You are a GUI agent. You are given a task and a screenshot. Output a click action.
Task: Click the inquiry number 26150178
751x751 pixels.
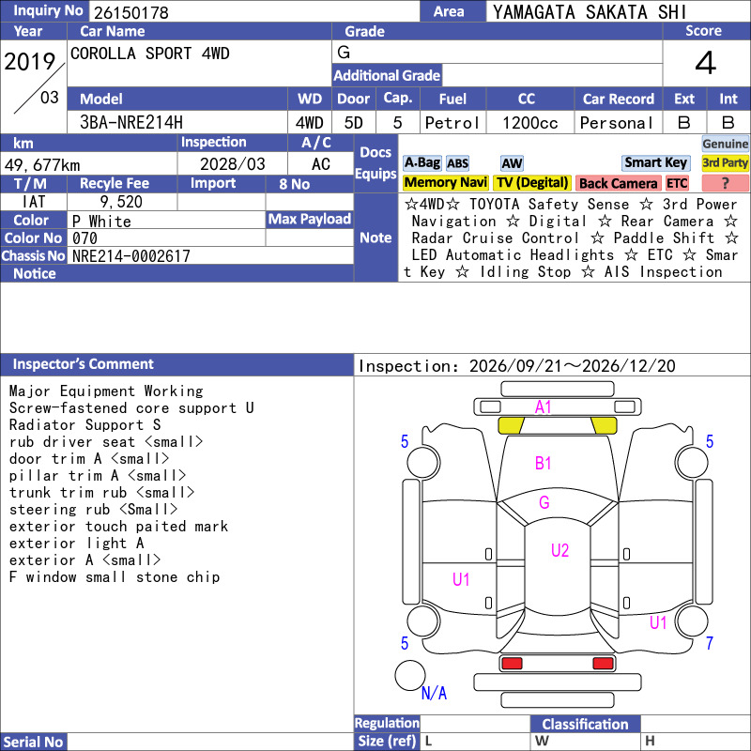pyautogui.click(x=131, y=12)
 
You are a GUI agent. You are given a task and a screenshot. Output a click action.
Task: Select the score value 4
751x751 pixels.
pyautogui.click(x=706, y=63)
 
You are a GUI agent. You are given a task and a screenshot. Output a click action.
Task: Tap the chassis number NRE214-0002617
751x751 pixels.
pyautogui.click(x=131, y=256)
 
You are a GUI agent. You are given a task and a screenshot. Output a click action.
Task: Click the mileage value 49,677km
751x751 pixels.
pyautogui.click(x=42, y=165)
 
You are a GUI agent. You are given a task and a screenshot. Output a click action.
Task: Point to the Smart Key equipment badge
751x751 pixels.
pyautogui.click(x=655, y=162)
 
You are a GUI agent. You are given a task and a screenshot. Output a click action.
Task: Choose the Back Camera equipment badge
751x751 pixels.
pyautogui.click(x=618, y=183)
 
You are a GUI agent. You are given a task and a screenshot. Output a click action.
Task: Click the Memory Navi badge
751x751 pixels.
pyautogui.click(x=445, y=182)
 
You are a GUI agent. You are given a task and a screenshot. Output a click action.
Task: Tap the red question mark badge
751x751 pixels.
pyautogui.click(x=725, y=183)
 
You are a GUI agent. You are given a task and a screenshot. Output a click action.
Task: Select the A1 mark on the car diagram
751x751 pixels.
pyautogui.click(x=543, y=407)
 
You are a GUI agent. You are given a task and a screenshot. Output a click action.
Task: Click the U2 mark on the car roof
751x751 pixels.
pyautogui.click(x=559, y=550)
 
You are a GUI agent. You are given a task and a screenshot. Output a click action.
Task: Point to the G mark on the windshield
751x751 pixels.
pyautogui.click(x=544, y=502)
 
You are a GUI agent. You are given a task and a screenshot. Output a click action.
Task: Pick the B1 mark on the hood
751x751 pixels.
pyautogui.click(x=543, y=463)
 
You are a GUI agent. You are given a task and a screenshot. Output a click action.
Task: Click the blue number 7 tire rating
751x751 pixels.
pyautogui.click(x=710, y=643)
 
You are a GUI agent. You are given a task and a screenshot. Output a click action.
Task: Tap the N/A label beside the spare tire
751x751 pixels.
pyautogui.click(x=434, y=693)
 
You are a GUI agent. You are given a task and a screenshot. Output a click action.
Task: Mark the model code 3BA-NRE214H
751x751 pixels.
pyautogui.click(x=131, y=123)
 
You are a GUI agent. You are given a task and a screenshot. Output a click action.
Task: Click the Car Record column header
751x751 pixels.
pyautogui.click(x=619, y=99)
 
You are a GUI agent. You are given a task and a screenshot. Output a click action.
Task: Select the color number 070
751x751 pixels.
pyautogui.click(x=84, y=238)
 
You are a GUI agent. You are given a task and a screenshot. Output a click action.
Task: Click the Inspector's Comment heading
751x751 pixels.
pyautogui.click(x=84, y=364)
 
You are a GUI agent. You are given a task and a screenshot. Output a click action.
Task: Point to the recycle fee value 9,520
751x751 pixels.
pyautogui.click(x=121, y=202)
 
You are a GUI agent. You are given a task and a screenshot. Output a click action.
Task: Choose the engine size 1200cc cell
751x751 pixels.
pyautogui.click(x=530, y=123)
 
